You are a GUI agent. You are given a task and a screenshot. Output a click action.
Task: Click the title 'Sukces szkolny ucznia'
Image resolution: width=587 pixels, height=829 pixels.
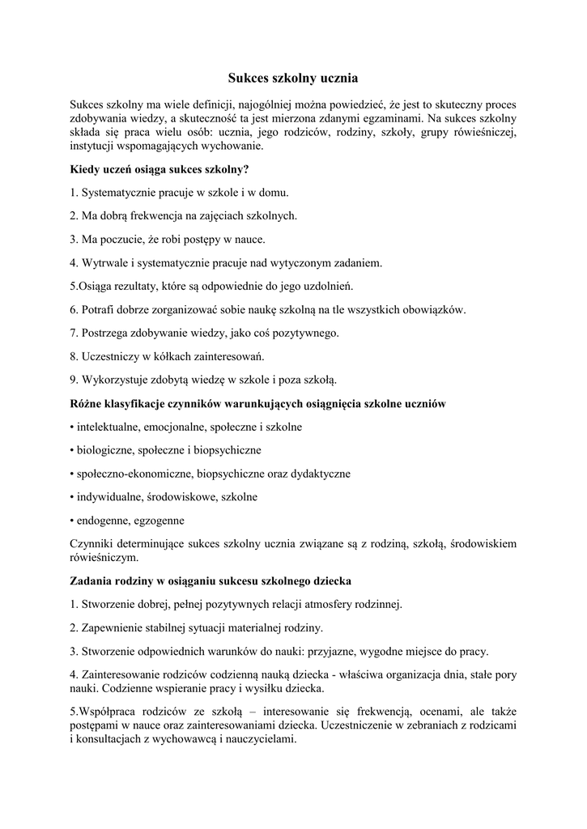point(292,79)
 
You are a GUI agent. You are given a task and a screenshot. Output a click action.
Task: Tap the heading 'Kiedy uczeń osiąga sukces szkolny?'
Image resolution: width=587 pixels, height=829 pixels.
point(160,170)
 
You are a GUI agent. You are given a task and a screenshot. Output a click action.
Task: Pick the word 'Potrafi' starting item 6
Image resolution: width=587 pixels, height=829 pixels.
point(100,309)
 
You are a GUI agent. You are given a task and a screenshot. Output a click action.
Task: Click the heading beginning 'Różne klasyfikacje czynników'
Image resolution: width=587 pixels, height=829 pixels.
point(259,403)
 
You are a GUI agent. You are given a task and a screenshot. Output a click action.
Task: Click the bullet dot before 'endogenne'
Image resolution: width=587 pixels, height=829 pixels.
point(72,521)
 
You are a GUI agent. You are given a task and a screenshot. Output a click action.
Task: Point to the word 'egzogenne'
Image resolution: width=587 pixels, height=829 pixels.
point(160,521)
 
